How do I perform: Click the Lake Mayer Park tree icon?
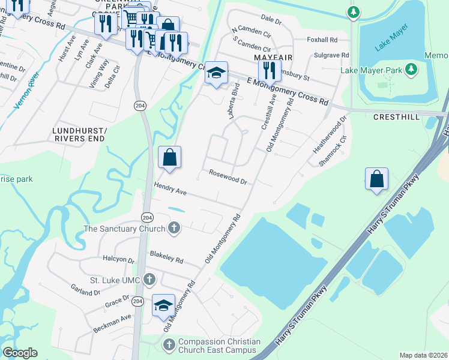click(x=411, y=70)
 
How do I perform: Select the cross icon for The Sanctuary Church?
click(x=173, y=228)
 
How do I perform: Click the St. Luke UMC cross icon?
click(x=149, y=280)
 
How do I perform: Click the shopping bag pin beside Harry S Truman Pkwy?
click(x=376, y=179)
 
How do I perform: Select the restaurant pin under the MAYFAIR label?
click(x=270, y=70)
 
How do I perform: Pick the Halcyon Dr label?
click(x=119, y=260)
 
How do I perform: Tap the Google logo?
click(x=20, y=353)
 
